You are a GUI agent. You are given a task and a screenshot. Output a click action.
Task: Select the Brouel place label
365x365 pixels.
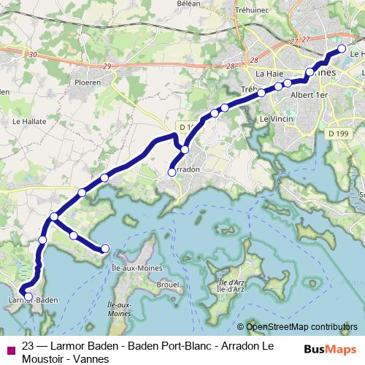[x=168, y=283]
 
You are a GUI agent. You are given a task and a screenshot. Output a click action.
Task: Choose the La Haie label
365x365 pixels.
[x=268, y=74]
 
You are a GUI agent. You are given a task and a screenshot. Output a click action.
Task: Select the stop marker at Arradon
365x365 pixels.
[x=172, y=172]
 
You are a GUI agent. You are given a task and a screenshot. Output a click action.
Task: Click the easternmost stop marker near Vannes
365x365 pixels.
[x=341, y=49]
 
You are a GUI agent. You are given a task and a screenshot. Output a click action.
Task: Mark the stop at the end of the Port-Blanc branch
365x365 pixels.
[x=105, y=248]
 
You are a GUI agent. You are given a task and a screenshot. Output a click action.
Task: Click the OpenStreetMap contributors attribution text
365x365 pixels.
[x=301, y=328]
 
